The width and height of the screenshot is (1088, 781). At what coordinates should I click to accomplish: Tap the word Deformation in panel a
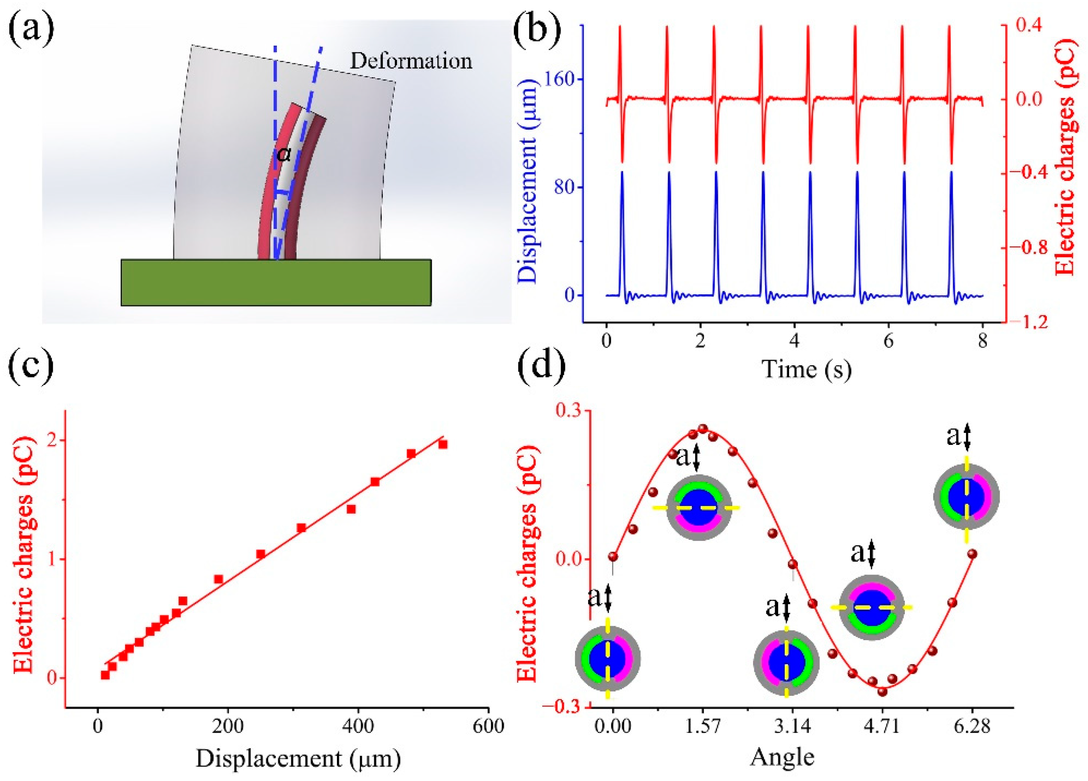[411, 61]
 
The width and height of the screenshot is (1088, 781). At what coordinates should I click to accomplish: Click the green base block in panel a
[276, 282]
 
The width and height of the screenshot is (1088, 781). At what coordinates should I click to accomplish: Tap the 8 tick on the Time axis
[982, 342]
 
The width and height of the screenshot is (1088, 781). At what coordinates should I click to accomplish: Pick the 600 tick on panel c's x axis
[488, 727]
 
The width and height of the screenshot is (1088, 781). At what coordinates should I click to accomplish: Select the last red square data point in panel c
[443, 444]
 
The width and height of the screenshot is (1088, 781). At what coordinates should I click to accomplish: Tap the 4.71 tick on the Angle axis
[883, 727]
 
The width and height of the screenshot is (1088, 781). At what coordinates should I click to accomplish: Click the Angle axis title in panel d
[782, 757]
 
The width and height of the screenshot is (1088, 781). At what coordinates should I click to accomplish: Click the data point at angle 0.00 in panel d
[613, 557]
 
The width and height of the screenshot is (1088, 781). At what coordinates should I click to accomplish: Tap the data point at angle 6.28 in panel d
[972, 554]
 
